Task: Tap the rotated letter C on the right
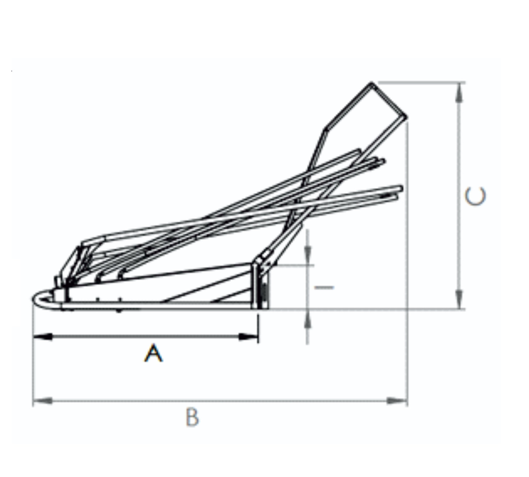[x=475, y=196]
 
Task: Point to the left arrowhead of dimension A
[x=43, y=337]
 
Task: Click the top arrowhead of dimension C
[x=459, y=93]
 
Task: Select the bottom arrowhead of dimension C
[x=459, y=299]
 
